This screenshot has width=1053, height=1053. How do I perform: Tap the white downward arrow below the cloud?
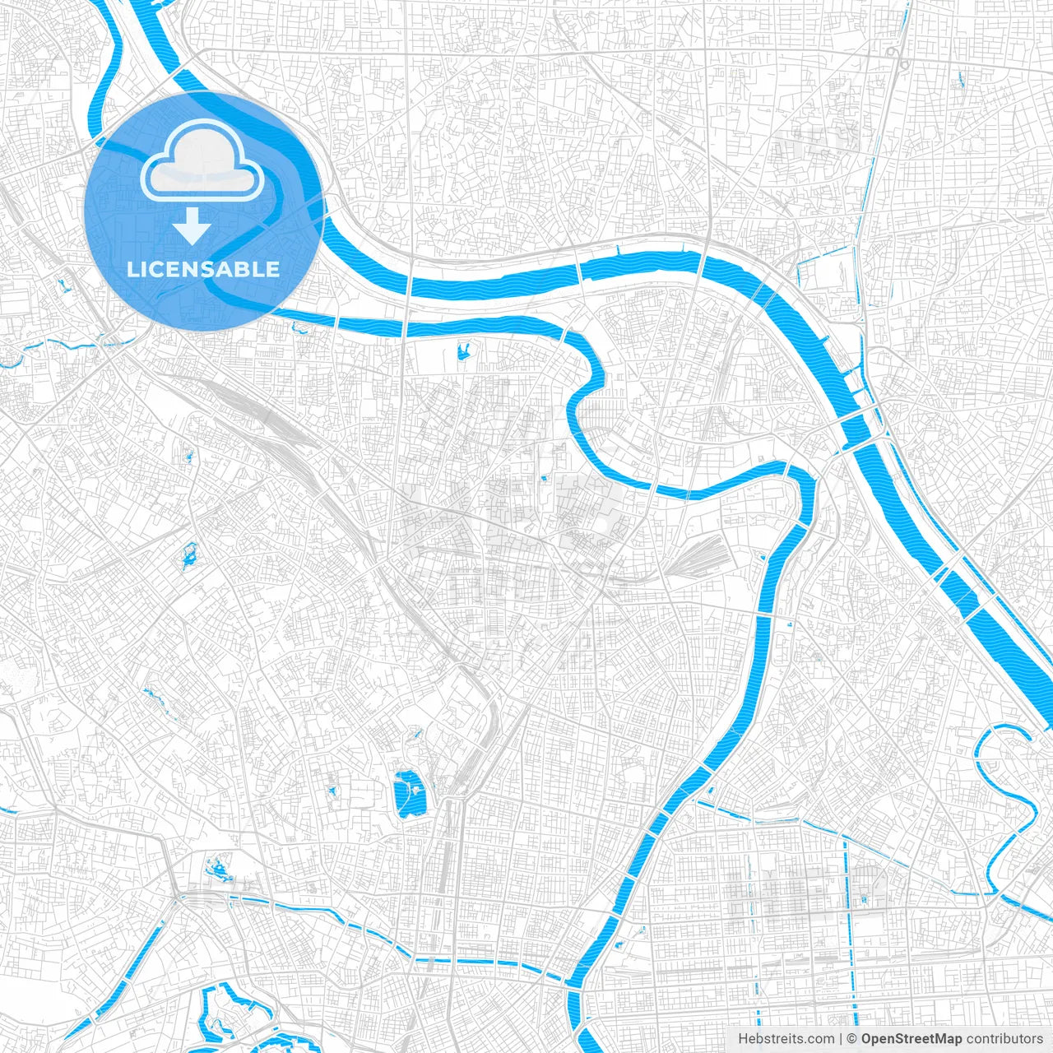coord(192,226)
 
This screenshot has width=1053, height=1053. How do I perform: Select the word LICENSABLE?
coord(202,269)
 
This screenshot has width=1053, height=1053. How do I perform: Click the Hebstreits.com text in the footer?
coord(786,1039)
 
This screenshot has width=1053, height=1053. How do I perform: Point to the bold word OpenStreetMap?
coord(911,1039)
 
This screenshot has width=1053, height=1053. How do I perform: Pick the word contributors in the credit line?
coord(1004,1039)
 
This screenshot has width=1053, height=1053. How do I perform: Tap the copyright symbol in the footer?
coord(852,1039)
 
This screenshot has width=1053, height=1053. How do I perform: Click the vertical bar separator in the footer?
coord(841,1039)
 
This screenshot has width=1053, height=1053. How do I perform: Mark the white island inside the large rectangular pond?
coord(416,791)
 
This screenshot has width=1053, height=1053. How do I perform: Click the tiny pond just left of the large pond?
coord(332,791)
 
